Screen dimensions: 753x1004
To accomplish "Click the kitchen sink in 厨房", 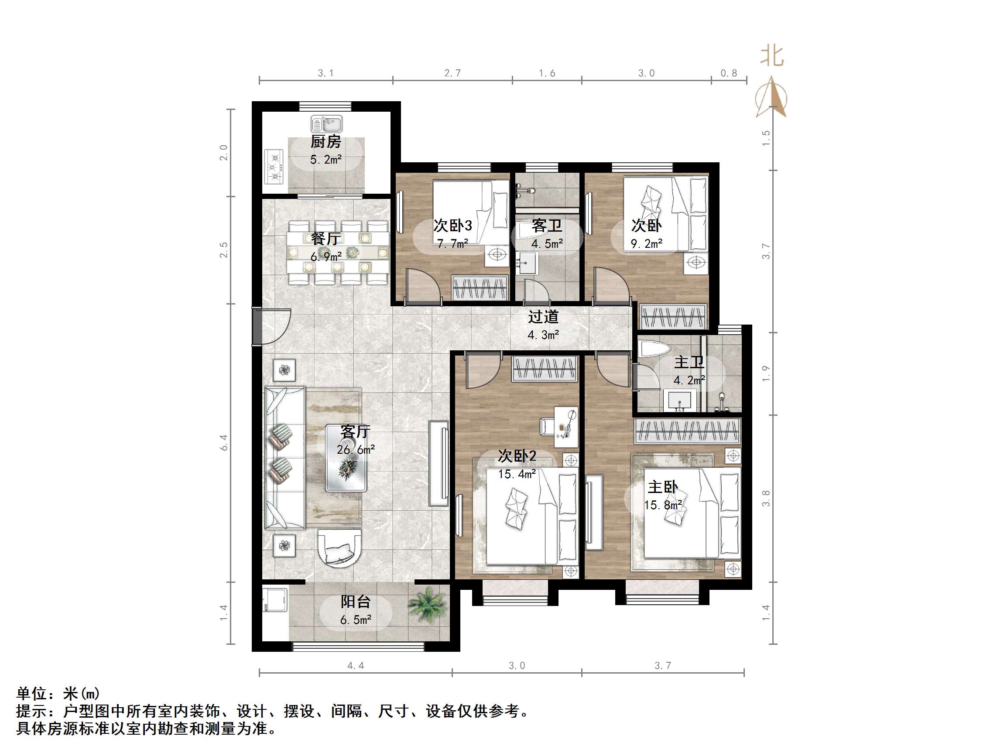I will click(x=326, y=123).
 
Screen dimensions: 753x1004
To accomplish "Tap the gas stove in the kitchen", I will click(x=274, y=167).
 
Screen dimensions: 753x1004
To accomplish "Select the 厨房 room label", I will click(x=326, y=142).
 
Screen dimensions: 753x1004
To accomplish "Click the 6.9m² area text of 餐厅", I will click(x=326, y=257).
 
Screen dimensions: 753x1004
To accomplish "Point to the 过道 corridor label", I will click(x=543, y=317).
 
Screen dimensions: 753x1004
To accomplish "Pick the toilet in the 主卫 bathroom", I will click(x=654, y=349).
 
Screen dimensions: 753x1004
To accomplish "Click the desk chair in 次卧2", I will click(x=546, y=426).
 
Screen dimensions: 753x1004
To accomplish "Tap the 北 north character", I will click(x=771, y=56).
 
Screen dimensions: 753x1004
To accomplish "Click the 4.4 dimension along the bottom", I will click(x=356, y=665).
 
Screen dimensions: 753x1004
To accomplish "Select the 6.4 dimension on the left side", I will click(x=224, y=442).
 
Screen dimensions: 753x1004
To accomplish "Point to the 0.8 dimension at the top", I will click(x=729, y=73).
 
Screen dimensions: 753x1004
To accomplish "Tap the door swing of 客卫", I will click(x=537, y=291).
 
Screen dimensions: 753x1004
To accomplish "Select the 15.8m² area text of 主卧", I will click(x=663, y=505).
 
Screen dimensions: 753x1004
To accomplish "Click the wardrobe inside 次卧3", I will click(x=480, y=288).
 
